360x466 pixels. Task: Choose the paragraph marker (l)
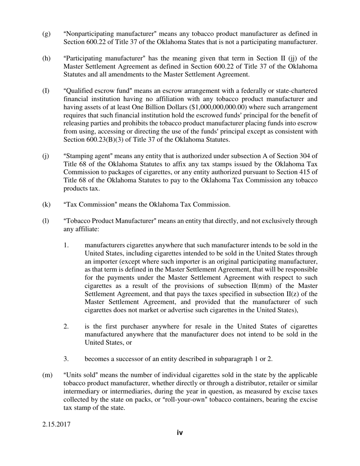pos(45,221)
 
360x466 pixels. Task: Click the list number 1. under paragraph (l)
pos(66,245)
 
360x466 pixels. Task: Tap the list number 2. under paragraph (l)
pos(66,327)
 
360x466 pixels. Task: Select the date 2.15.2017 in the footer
pos(56,424)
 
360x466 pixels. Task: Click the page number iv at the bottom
pos(180,433)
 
